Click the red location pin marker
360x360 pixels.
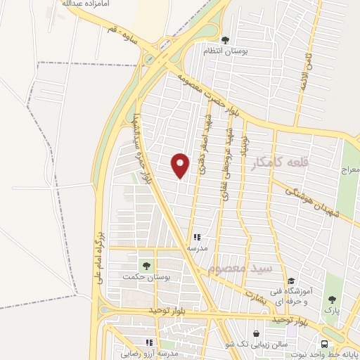point(181,165)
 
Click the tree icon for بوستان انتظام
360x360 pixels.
point(225,40)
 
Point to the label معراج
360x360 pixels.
point(349,170)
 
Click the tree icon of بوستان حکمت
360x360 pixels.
point(146,266)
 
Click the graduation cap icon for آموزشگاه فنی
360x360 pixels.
point(290,282)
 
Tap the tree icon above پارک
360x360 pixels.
point(331,299)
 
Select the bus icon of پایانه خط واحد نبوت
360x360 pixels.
point(324,344)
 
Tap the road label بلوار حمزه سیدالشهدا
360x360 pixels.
point(142,146)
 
